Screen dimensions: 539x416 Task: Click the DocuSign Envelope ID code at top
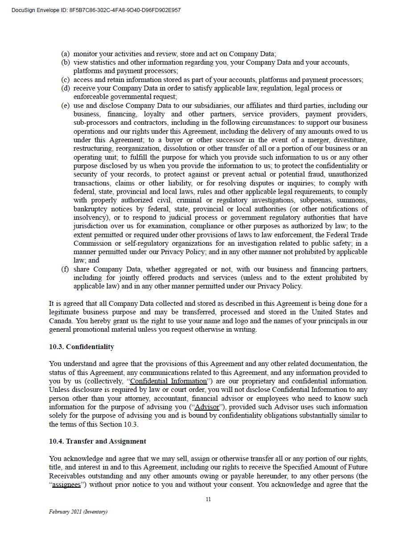click(125, 10)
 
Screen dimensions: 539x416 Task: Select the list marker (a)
click(65, 54)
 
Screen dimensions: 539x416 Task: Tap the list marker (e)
click(65, 106)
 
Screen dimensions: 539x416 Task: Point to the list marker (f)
click(65, 269)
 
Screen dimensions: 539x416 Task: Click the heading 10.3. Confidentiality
click(82, 347)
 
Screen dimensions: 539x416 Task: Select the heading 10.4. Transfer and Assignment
click(98, 441)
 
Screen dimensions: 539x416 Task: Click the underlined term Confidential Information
click(169, 381)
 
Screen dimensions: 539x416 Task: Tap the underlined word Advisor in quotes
click(207, 407)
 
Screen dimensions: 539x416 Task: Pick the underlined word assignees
click(66, 485)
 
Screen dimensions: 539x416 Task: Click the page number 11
click(208, 499)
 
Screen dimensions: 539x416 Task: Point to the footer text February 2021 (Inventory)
click(78, 512)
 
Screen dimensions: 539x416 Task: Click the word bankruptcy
click(92, 209)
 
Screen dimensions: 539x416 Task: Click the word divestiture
click(350, 140)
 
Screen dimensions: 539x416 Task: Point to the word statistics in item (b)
click(103, 62)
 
